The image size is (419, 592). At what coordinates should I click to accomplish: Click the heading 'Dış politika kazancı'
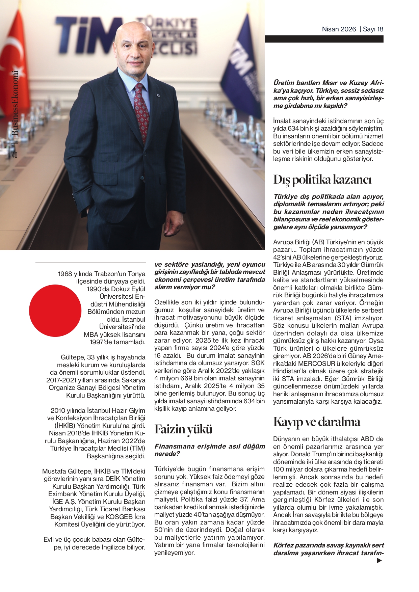[x=322, y=180]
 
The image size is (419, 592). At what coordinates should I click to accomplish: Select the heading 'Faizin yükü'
[x=183, y=429]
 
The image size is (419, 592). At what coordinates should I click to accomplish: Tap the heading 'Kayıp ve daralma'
[x=316, y=422]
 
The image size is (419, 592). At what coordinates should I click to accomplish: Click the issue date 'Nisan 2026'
[x=339, y=29]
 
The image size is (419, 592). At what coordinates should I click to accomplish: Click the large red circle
[x=55, y=311]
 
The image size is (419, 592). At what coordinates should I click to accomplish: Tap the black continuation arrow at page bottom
[x=379, y=561]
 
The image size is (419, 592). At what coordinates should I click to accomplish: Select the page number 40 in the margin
[x=15, y=155]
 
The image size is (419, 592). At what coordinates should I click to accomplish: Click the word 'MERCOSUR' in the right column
[x=316, y=364]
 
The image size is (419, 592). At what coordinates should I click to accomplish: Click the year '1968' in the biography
[x=65, y=274]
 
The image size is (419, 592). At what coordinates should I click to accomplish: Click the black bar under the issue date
[x=324, y=39]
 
